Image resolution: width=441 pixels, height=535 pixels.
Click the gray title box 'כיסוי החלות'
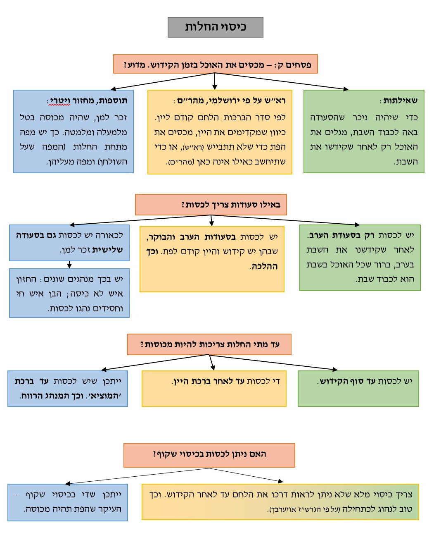pyautogui.click(x=215, y=27)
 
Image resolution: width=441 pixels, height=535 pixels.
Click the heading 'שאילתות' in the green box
pyautogui.click(x=400, y=100)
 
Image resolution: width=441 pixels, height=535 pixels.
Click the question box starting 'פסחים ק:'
pyautogui.click(x=215, y=64)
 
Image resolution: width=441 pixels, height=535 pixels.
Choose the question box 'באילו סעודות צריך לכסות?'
pyautogui.click(x=211, y=205)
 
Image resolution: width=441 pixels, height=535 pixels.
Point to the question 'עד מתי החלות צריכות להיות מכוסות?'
pyautogui.click(x=209, y=344)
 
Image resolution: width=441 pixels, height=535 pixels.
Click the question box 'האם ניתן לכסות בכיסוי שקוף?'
pyautogui.click(x=209, y=454)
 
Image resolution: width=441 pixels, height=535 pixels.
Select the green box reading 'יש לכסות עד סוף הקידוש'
pyautogui.click(x=358, y=388)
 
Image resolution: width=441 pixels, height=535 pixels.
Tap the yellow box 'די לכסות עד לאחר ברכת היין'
pyautogui.click(x=214, y=388)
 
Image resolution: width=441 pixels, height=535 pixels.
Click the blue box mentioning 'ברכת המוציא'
pyautogui.click(x=68, y=388)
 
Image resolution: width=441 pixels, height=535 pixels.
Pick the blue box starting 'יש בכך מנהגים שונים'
pyautogui.click(x=69, y=293)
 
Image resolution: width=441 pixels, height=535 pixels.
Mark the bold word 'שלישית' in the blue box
pyautogui.click(x=108, y=250)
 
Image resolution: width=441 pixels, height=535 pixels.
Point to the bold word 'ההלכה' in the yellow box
pyautogui.click(x=264, y=266)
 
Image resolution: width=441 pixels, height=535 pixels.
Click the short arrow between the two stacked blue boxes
pyautogui.click(x=69, y=265)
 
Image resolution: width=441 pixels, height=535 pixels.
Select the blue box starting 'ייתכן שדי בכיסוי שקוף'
pyautogui.click(x=68, y=502)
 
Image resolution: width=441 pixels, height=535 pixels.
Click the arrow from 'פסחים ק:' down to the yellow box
pyautogui.click(x=215, y=81)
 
